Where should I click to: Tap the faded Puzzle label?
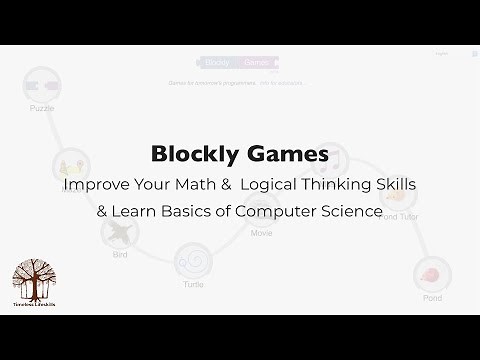pyautogui.click(x=42, y=109)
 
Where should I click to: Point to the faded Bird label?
pyautogui.click(x=120, y=255)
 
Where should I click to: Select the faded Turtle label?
pyautogui.click(x=193, y=283)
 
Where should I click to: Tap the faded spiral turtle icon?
pyautogui.click(x=193, y=262)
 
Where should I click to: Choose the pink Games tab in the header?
pyautogui.click(x=256, y=62)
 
